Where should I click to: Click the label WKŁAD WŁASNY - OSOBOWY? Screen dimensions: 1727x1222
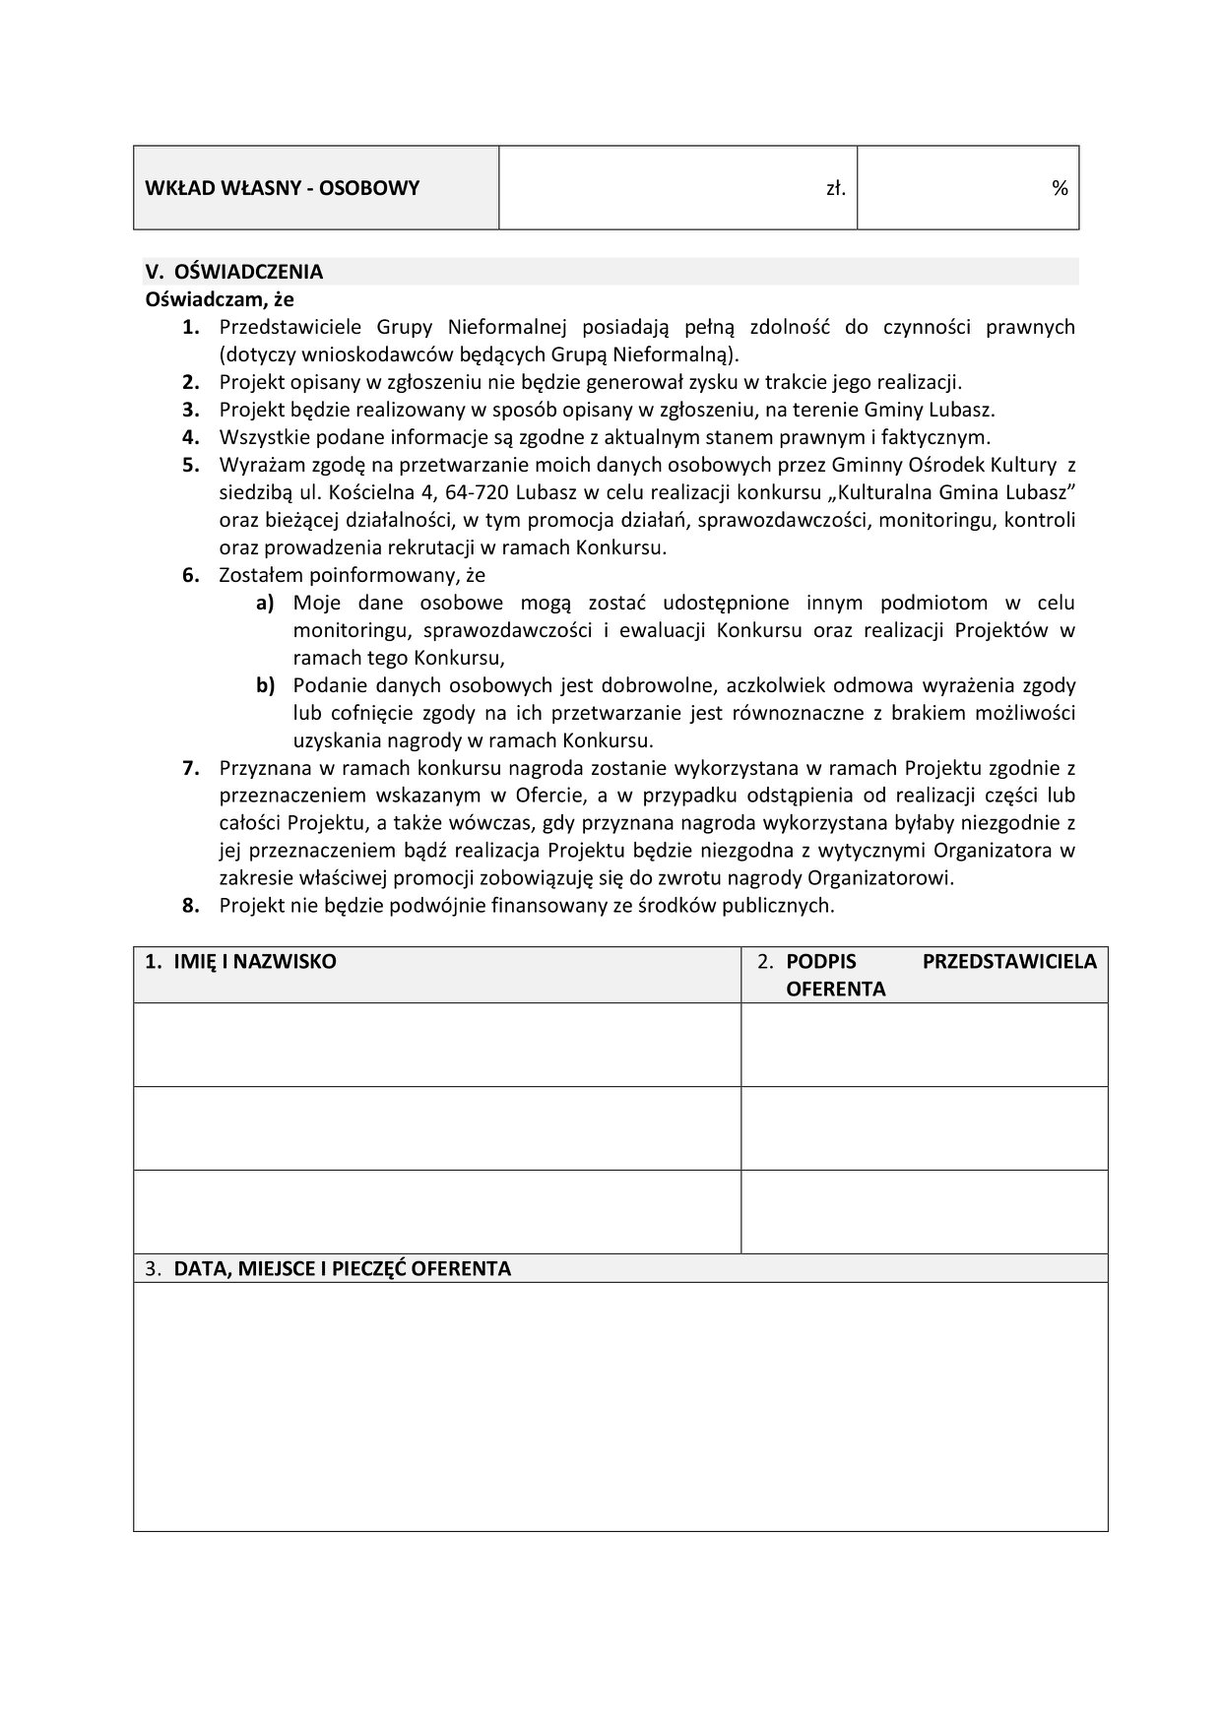coord(282,188)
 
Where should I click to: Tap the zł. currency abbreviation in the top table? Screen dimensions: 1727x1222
coord(836,188)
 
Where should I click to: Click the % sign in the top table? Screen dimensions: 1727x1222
coord(1060,188)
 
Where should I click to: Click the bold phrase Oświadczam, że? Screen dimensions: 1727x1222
coord(220,298)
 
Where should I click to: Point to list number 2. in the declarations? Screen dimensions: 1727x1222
coord(191,382)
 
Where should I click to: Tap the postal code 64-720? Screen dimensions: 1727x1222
coord(481,492)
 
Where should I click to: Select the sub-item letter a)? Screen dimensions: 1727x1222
coord(265,603)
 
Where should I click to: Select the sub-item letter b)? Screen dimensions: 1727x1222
coord(265,685)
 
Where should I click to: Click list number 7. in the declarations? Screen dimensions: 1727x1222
coord(191,768)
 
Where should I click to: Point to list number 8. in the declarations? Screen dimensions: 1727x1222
coord(191,906)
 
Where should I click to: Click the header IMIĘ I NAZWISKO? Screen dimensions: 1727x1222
coord(255,962)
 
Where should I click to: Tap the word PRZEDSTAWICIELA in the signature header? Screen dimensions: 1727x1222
coord(1008,962)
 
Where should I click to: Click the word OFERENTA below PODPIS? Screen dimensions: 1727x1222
coord(835,990)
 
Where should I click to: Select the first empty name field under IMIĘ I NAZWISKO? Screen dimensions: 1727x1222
coord(437,1045)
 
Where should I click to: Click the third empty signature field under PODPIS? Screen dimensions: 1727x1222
coord(924,1211)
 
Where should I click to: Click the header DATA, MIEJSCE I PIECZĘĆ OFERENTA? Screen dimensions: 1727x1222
coord(343,1269)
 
